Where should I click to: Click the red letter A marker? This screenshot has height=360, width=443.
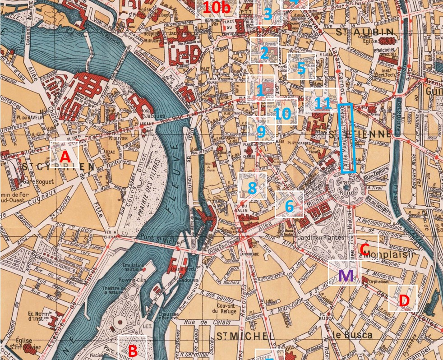click(x=65, y=157)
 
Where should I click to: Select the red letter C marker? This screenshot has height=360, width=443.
click(x=364, y=249)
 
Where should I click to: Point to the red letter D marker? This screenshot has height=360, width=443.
click(x=404, y=300)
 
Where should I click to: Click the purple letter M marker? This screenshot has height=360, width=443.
click(x=345, y=275)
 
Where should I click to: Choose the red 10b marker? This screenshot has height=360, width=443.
click(x=216, y=8)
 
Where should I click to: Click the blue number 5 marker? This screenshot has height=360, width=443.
click(x=301, y=69)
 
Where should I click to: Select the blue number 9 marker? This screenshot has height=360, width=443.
click(x=261, y=131)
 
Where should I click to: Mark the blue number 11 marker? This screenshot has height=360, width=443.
click(x=322, y=103)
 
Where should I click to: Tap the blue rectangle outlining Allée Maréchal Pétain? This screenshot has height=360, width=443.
click(x=347, y=138)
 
